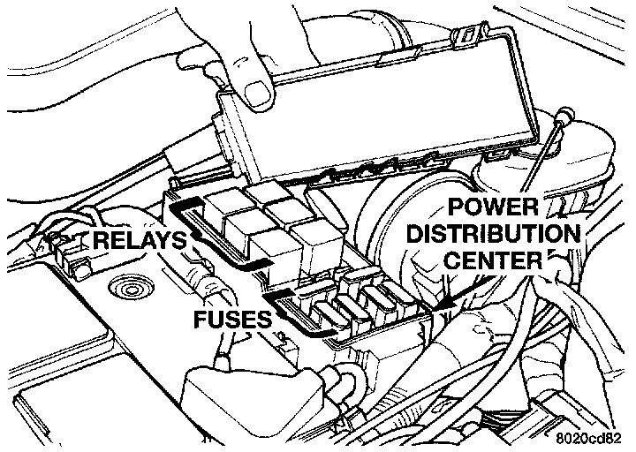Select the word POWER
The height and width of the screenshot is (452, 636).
[493, 209]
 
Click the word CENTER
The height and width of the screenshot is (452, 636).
[495, 261]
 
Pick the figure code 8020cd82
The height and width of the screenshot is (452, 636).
[594, 437]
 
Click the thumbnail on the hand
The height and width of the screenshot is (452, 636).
[257, 88]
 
